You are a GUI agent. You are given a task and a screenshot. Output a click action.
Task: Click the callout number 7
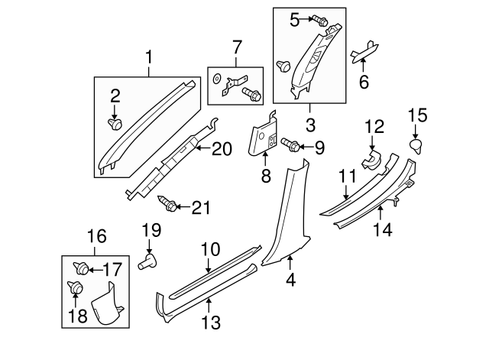[236, 48]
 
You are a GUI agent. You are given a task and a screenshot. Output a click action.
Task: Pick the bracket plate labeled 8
[264, 135]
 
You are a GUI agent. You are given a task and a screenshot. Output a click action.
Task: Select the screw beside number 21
[168, 204]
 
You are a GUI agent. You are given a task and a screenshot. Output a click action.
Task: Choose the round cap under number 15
[416, 145]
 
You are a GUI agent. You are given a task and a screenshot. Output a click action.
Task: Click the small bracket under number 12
[374, 160]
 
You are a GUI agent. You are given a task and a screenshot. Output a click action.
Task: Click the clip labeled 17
[79, 268]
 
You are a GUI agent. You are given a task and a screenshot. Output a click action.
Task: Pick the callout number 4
[290, 281]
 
